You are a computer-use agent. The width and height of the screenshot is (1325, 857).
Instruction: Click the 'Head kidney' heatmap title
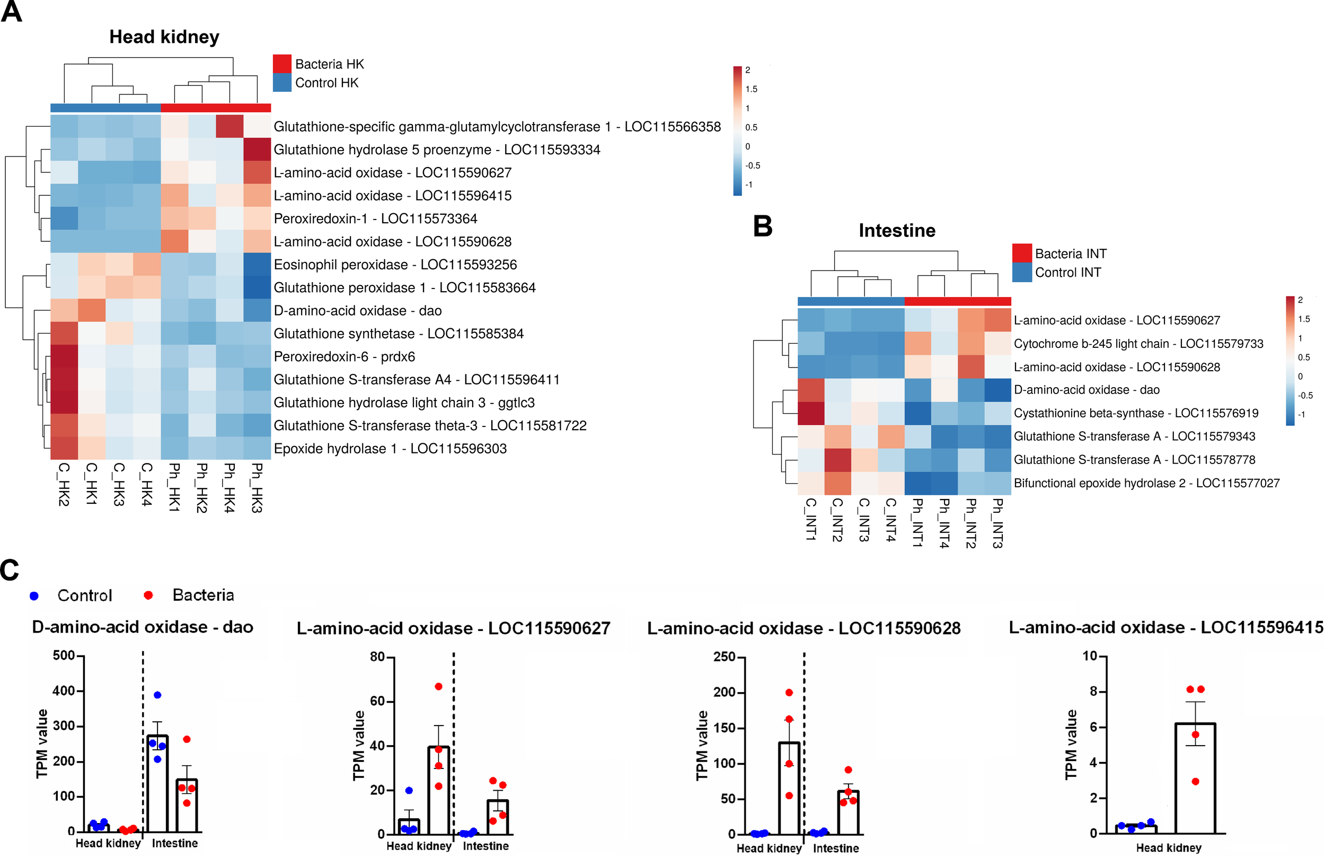[164, 37]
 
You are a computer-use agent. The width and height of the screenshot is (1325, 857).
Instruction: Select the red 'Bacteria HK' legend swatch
[282, 64]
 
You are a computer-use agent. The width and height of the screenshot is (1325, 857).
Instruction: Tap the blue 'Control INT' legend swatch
[1021, 272]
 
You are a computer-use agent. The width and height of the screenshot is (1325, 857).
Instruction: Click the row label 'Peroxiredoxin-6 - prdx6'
[344, 357]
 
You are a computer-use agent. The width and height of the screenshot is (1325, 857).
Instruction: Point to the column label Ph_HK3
[257, 487]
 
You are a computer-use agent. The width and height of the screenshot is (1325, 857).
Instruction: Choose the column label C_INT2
[837, 520]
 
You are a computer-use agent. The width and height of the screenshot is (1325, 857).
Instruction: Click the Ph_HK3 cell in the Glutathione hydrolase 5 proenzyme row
[257, 149]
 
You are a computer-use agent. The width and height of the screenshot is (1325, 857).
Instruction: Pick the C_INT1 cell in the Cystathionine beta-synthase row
[811, 413]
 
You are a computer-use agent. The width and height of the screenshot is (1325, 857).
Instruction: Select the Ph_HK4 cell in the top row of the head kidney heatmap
[229, 126]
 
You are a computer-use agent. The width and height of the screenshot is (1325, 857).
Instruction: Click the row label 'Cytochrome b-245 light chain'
[1138, 343]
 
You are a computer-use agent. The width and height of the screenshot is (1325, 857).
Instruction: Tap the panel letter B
[763, 226]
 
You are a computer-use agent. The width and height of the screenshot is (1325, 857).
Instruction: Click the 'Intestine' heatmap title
[896, 230]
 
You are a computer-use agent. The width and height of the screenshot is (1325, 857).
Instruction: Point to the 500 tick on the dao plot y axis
[64, 655]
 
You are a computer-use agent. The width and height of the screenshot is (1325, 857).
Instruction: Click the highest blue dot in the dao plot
[157, 695]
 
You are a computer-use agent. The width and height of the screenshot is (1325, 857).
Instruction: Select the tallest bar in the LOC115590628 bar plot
[789, 788]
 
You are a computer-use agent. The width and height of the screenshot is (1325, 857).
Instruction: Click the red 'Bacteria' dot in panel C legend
[148, 596]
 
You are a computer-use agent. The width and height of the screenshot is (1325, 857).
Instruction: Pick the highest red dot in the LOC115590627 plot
[438, 687]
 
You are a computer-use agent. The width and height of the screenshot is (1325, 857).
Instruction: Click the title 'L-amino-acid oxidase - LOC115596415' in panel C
[1165, 628]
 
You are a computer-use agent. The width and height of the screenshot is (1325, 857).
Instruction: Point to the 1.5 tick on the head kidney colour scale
[751, 89]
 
